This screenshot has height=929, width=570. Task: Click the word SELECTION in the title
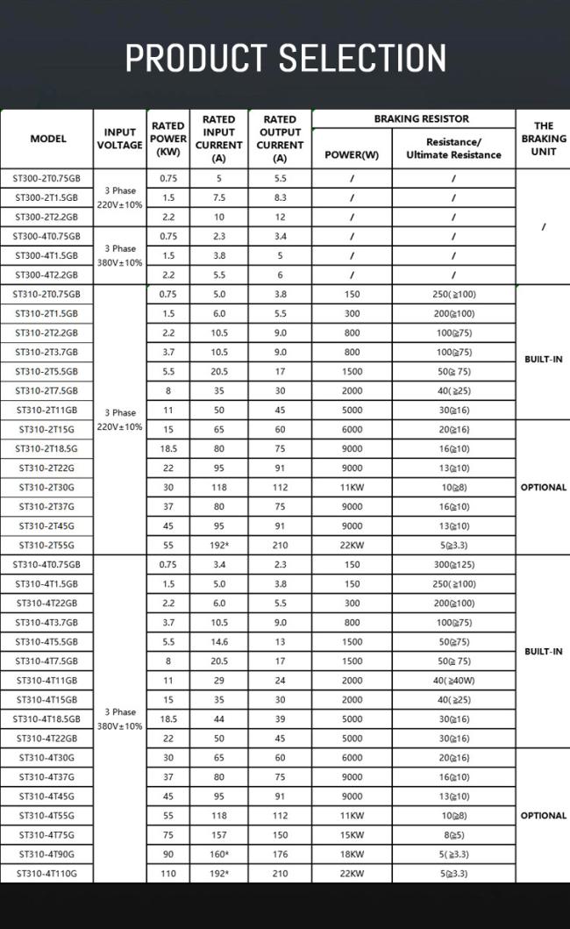pyautogui.click(x=363, y=58)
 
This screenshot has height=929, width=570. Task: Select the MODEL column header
pyautogui.click(x=48, y=139)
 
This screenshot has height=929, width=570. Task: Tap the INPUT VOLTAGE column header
pyautogui.click(x=119, y=139)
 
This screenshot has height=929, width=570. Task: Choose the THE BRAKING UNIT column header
pyautogui.click(x=544, y=139)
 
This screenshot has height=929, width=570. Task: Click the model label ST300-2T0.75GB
pyautogui.click(x=46, y=178)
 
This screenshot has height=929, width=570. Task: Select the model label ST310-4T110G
pyautogui.click(x=46, y=873)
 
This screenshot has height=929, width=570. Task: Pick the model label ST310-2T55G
pyautogui.click(x=46, y=545)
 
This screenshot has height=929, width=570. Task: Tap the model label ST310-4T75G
pyautogui.click(x=46, y=834)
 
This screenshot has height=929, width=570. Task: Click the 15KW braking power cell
pyautogui.click(x=351, y=834)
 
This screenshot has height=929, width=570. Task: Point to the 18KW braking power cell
pyautogui.click(x=351, y=854)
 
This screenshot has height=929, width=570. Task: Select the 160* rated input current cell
pyautogui.click(x=219, y=854)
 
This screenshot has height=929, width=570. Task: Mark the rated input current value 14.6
pyautogui.click(x=219, y=641)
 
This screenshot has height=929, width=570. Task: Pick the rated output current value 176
pyautogui.click(x=280, y=854)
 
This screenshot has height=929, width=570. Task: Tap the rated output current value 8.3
pyautogui.click(x=280, y=197)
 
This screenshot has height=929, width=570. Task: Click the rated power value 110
pyautogui.click(x=167, y=873)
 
